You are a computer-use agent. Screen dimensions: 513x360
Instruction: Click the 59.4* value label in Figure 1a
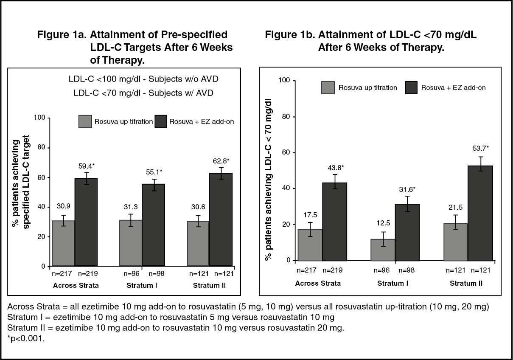tap(87, 166)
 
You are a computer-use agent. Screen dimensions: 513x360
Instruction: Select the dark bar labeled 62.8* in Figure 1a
tap(221, 219)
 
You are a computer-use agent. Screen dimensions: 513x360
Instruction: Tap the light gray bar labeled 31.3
tap(131, 243)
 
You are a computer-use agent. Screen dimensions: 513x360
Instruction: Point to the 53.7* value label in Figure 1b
tap(481, 148)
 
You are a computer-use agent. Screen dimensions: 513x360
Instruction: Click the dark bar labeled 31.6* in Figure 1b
tap(407, 232)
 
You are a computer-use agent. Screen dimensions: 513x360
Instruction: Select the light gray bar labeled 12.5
tap(383, 250)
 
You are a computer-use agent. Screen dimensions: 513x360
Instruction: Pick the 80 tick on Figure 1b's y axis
tap(286, 117)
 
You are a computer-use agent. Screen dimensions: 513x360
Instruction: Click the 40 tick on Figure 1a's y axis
tap(42, 207)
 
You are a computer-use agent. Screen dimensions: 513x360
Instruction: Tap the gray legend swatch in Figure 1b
tap(328, 87)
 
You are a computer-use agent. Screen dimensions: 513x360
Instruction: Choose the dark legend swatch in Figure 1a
tap(161, 121)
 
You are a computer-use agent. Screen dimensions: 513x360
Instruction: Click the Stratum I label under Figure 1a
tap(142, 286)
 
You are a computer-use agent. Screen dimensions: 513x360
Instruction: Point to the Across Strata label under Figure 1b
tap(318, 284)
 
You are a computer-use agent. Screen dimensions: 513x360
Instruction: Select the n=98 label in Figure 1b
tap(406, 270)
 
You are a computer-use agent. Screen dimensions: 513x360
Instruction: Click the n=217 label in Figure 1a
tap(62, 274)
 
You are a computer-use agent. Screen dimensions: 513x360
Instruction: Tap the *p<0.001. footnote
tap(26, 338)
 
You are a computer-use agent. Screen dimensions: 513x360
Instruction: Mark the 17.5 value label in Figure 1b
tap(310, 215)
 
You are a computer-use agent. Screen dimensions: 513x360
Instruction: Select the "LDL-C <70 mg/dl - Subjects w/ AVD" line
tap(143, 93)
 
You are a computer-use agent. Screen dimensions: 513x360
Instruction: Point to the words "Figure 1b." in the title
tap(290, 35)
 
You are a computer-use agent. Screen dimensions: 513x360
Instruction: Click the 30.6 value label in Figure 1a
tap(198, 207)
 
